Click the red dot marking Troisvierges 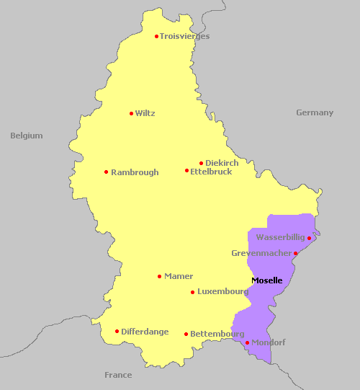click(x=156, y=36)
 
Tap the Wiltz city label click(x=145, y=113)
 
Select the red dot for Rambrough click(x=106, y=172)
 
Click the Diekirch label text click(x=222, y=163)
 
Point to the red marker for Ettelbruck click(x=186, y=171)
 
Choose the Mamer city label click(x=179, y=276)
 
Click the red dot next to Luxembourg click(x=192, y=292)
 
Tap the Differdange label click(x=145, y=332)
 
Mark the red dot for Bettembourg click(x=186, y=334)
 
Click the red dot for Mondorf click(x=247, y=342)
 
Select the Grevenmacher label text click(x=261, y=253)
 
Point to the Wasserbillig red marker click(x=309, y=238)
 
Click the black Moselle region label click(x=266, y=280)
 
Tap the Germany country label click(x=315, y=112)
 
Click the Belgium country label click(x=27, y=136)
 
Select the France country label click(x=118, y=375)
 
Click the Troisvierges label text click(x=184, y=36)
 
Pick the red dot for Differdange click(x=117, y=332)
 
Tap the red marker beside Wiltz click(x=131, y=113)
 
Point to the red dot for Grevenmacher click(x=295, y=253)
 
